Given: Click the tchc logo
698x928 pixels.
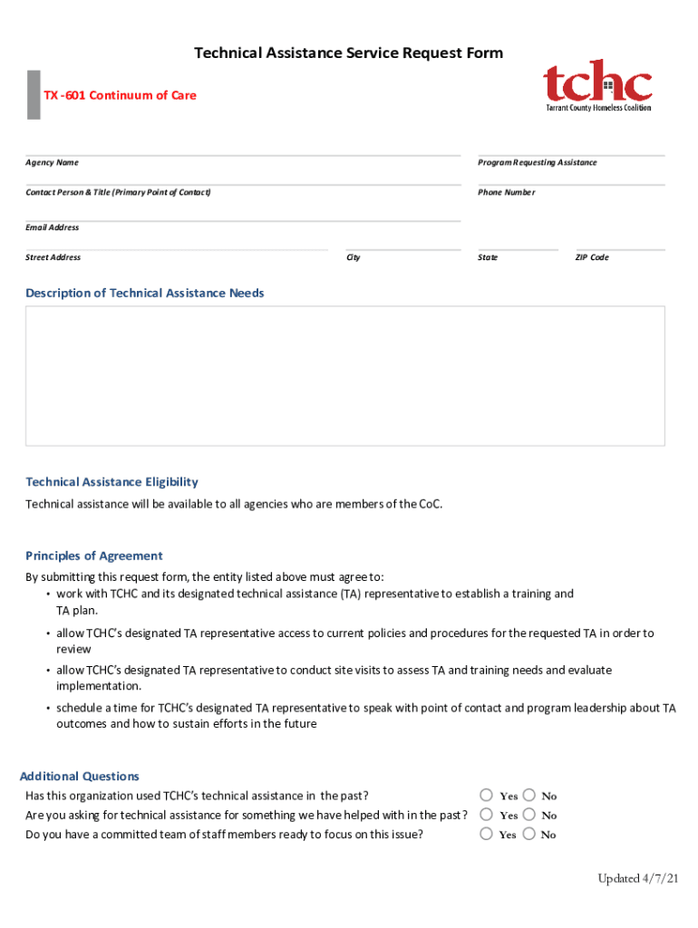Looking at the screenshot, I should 597,85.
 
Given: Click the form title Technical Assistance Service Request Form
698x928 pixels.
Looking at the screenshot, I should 349,53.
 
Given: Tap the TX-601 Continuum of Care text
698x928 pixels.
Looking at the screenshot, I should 120,95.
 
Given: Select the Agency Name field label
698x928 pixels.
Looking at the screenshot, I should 52,162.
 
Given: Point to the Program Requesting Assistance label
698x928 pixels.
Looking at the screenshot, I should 537,162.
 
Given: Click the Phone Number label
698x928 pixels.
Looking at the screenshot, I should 506,192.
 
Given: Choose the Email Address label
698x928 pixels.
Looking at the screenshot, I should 52,227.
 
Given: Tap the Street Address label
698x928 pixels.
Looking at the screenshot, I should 53,257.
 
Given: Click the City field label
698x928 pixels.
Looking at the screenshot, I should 353,257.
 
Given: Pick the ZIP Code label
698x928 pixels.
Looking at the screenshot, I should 592,257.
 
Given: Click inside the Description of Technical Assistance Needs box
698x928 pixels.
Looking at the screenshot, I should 344,375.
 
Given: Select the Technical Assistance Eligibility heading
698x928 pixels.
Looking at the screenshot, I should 111,482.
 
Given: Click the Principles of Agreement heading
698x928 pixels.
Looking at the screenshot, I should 94,556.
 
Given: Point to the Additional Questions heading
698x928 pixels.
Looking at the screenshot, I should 80,776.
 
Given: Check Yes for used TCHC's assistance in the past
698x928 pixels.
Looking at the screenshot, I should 487,795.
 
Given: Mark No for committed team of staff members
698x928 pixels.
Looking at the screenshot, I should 528,834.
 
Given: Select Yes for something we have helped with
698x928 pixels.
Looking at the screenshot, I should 487,815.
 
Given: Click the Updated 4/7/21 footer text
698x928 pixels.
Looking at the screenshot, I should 637,879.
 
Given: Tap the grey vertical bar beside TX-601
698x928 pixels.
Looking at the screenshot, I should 34,94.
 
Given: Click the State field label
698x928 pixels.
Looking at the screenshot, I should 488,257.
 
